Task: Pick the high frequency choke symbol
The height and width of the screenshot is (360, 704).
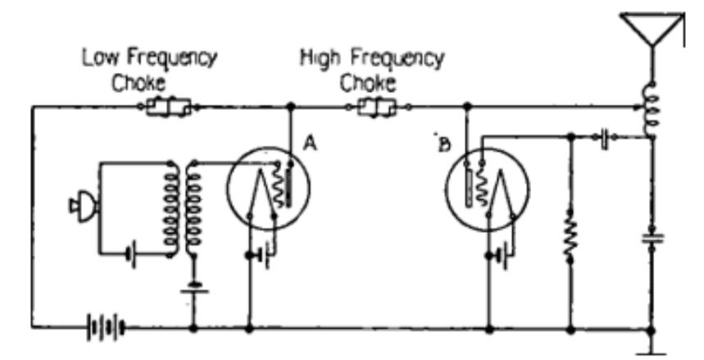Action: pos(378,107)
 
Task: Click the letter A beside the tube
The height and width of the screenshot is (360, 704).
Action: pos(311,143)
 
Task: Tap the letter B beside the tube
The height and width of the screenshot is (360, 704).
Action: pos(443,145)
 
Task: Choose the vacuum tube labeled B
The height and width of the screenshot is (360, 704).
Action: pos(489,193)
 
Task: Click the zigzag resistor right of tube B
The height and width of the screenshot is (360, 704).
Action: pos(570,234)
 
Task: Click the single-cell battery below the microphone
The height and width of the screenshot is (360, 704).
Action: pos(133,254)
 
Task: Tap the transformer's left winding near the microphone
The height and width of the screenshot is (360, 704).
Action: pos(172,209)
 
